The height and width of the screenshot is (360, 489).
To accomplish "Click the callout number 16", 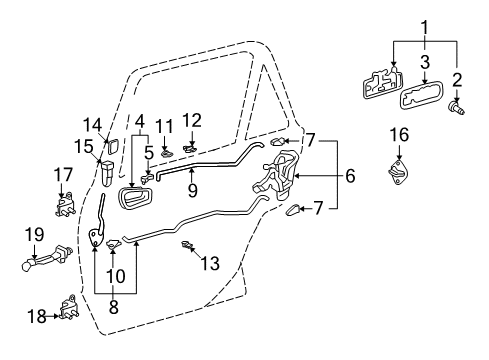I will tap(398, 134).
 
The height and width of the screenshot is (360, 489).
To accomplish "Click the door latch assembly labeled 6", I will tap(279, 179).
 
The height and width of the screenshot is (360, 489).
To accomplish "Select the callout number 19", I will tap(33, 234).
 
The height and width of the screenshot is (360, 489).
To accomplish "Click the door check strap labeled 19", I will tap(45, 266).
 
